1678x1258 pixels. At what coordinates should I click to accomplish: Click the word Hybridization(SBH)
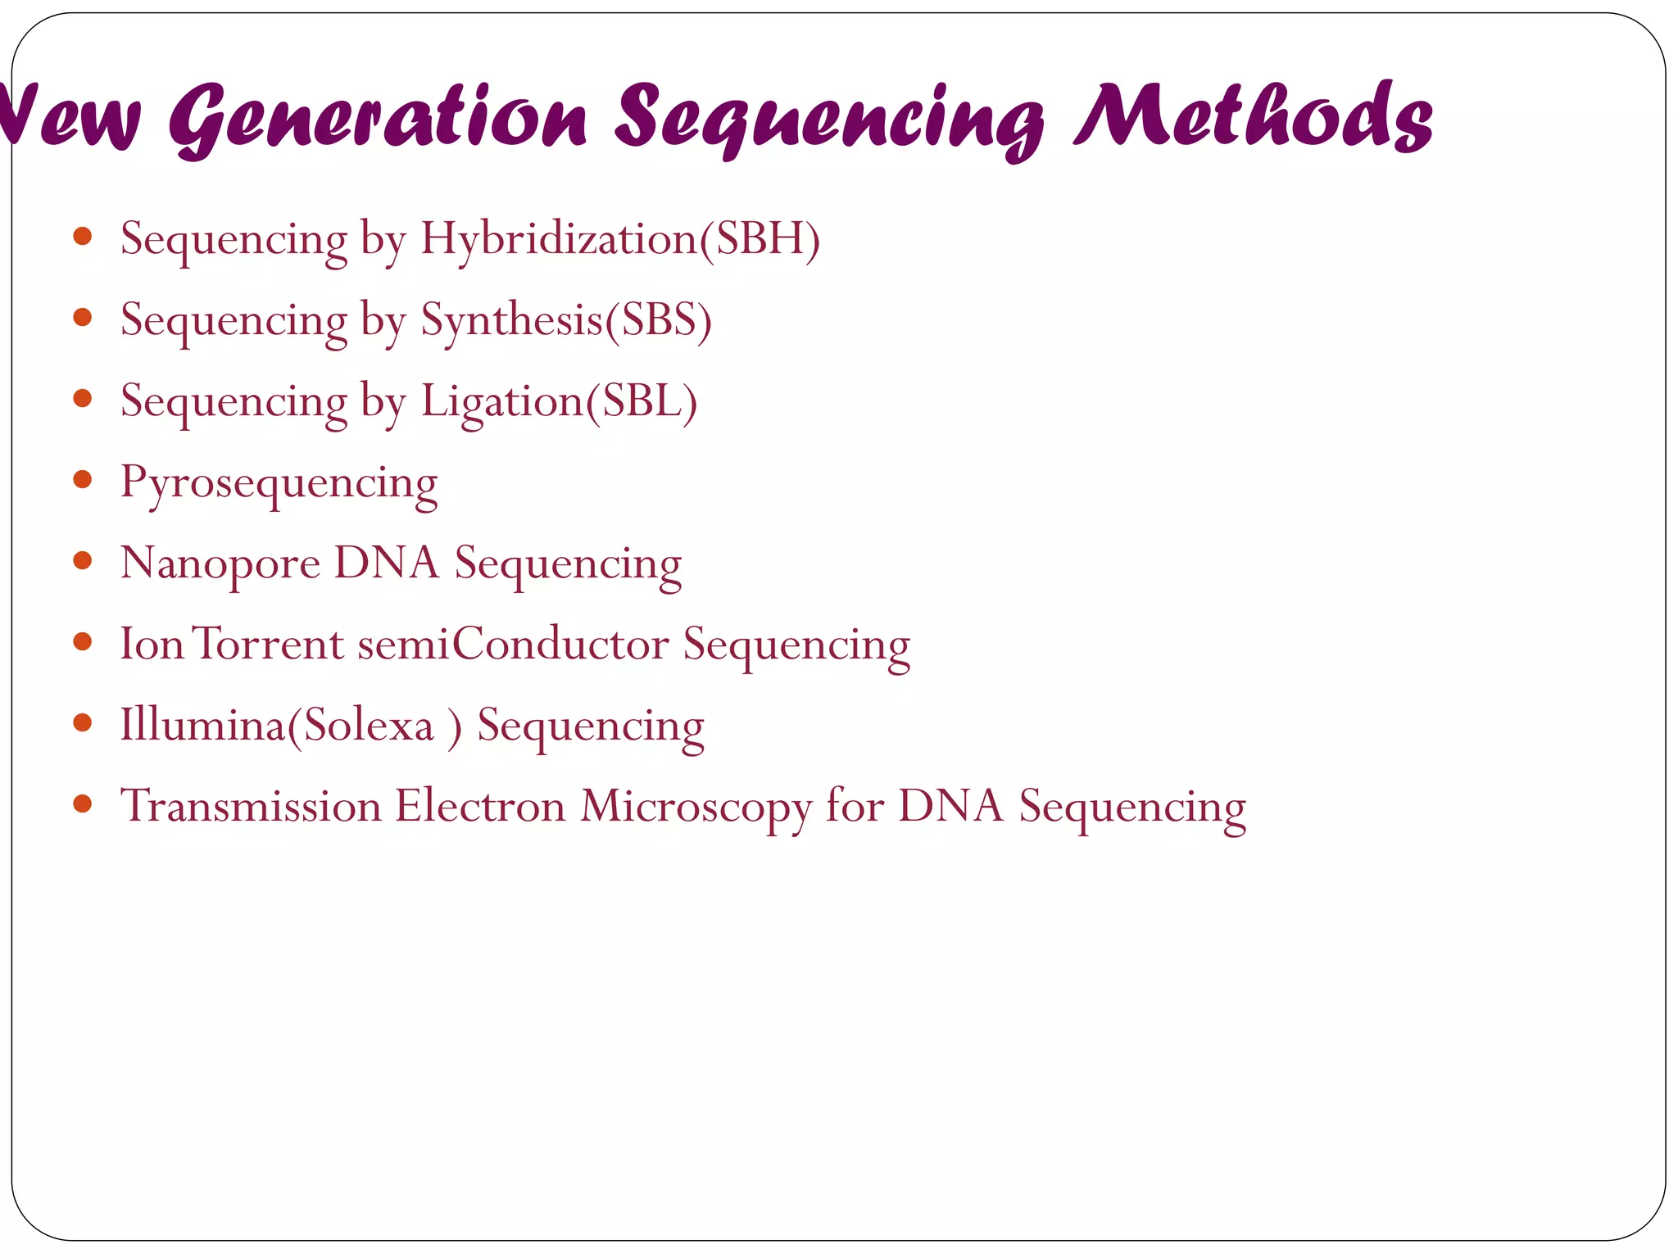pyautogui.click(x=620, y=239)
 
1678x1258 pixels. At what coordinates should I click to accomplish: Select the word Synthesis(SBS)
pyautogui.click(x=566, y=320)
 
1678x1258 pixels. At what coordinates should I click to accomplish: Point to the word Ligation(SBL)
pyautogui.click(x=559, y=401)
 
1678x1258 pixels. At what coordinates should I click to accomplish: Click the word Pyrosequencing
pyautogui.click(x=279, y=483)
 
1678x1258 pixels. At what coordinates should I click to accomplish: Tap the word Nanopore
pyautogui.click(x=220, y=564)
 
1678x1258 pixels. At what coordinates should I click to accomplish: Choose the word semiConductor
pyautogui.click(x=514, y=645)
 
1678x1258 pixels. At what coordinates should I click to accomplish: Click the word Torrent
pyautogui.click(x=268, y=645)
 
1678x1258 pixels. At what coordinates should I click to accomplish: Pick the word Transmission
pyautogui.click(x=251, y=807)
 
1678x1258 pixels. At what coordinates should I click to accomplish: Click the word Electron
pyautogui.click(x=480, y=807)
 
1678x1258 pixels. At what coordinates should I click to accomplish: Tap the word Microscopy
pyautogui.click(x=696, y=807)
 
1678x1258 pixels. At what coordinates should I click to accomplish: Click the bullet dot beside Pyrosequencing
pyautogui.click(x=82, y=479)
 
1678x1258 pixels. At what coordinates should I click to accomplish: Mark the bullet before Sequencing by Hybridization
pyautogui.click(x=82, y=237)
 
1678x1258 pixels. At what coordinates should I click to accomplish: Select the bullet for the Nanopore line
pyautogui.click(x=82, y=560)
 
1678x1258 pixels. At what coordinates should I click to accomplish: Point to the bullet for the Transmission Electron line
pyautogui.click(x=82, y=803)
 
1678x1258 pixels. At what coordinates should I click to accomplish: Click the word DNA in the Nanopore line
pyautogui.click(x=386, y=564)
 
